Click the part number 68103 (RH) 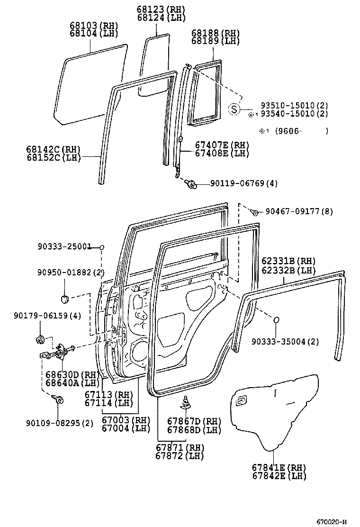click(94, 26)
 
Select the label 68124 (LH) click(161, 18)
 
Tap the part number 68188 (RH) click(216, 33)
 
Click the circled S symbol click(234, 109)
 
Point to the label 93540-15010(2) click(294, 114)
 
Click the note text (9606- click(288, 131)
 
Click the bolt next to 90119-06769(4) click(192, 184)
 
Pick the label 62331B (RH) click(288, 261)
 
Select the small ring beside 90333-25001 click(101, 247)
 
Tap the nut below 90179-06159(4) click(40, 339)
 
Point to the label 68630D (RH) click(72, 374)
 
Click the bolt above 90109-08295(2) click(60, 400)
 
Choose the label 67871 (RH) click(180, 447)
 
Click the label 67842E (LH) click(279, 476)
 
